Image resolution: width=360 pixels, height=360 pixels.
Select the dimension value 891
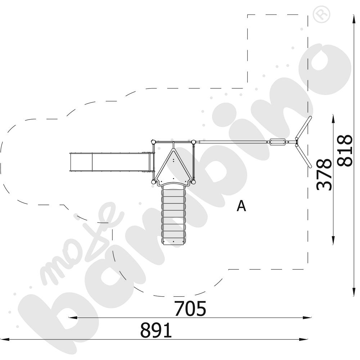tap(156, 330)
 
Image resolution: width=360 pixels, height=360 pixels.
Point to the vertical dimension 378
tap(324, 174)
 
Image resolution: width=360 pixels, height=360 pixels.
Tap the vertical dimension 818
tap(345, 150)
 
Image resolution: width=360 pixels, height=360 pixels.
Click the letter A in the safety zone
tap(242, 206)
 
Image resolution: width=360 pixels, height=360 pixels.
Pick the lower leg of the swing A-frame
tap(303, 156)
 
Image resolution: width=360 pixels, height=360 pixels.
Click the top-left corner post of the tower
tap(153, 141)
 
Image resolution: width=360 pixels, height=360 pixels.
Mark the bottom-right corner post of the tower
tap(193, 182)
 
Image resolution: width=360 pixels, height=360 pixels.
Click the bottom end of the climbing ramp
tap(174, 242)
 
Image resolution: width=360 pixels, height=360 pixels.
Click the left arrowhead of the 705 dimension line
tap(71, 318)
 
